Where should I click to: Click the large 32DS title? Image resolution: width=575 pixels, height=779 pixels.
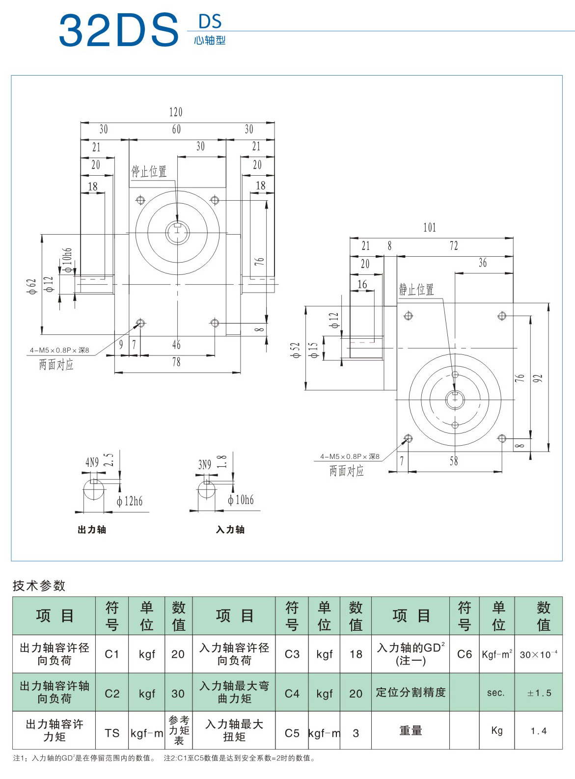tap(119, 30)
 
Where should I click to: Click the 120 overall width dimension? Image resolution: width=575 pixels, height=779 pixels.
tap(176, 112)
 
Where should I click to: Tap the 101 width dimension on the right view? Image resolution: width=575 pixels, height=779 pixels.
tap(430, 227)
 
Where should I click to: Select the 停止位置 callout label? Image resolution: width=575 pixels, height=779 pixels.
tap(149, 171)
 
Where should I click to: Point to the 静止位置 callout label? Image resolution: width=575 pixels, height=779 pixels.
tap(416, 290)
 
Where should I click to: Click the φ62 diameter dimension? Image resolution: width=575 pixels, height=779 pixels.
tap(32, 286)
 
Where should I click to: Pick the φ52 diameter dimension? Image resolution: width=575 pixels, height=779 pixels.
tap(296, 350)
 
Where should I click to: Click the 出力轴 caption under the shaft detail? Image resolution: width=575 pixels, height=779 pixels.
tap(92, 530)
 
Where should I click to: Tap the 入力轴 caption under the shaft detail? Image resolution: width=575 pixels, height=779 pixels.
tap(230, 530)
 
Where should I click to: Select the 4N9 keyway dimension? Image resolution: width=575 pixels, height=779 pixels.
tap(92, 462)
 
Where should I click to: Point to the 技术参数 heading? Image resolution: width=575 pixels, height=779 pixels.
tap(39, 586)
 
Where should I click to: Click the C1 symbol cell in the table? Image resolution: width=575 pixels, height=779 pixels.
tap(112, 654)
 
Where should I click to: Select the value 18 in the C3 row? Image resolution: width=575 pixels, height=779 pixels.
tap(356, 654)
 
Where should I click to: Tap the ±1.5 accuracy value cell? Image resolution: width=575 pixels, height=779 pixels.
tap(539, 693)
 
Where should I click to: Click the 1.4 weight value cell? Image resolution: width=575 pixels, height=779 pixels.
tap(539, 731)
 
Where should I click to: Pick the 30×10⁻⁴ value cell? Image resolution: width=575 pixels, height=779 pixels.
tap(539, 654)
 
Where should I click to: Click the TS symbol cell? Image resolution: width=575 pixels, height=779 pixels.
tap(112, 733)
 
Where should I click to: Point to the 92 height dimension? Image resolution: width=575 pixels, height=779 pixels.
tap(538, 378)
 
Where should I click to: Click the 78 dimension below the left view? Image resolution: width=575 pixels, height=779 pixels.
tap(176, 362)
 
